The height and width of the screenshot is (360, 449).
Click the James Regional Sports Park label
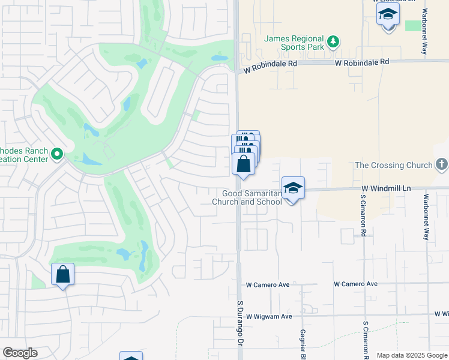[294, 43]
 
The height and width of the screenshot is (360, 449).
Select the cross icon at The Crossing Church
[441, 164]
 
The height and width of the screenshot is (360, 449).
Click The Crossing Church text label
[393, 165]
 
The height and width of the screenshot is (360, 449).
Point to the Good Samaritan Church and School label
[247, 197]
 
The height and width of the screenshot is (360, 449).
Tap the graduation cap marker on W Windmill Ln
[293, 188]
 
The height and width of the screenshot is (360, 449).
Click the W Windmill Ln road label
[386, 188]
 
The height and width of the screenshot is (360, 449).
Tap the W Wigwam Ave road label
[270, 316]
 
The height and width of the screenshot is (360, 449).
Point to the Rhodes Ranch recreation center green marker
[58, 154]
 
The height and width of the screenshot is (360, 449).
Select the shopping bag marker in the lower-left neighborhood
[63, 275]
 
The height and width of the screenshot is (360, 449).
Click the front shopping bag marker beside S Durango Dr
[244, 164]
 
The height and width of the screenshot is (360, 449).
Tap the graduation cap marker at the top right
[388, 14]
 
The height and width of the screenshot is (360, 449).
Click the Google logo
[20, 353]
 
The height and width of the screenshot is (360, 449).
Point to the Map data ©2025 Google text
[411, 355]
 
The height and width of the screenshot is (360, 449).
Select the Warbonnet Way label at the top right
[425, 31]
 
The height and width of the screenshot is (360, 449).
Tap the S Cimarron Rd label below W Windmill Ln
[364, 214]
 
